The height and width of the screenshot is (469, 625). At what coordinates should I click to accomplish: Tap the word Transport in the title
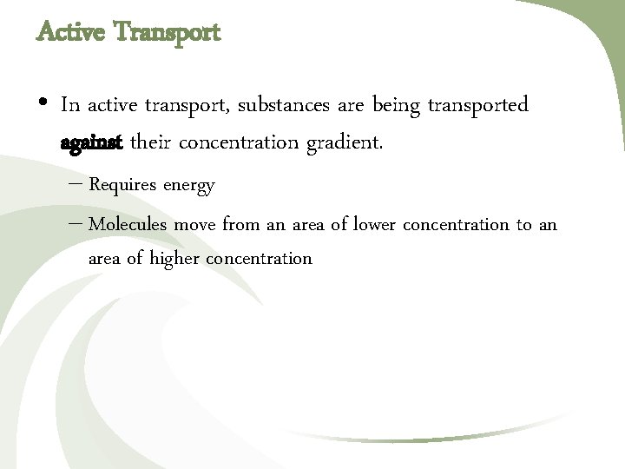tap(168, 33)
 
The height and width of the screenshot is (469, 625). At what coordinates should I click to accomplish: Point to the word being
tap(396, 106)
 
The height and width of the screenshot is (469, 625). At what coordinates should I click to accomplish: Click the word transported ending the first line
tap(478, 106)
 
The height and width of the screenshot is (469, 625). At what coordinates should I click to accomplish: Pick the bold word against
tap(92, 142)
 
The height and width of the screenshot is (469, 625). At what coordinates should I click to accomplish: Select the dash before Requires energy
tap(75, 184)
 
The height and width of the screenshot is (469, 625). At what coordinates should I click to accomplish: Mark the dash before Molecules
tap(75, 224)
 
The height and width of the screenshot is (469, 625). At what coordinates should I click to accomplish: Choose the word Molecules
tap(128, 224)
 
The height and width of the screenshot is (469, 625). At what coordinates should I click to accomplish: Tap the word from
tap(241, 224)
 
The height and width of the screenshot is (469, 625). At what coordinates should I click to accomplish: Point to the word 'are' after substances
tap(350, 106)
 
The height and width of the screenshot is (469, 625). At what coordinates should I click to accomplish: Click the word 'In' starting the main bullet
tap(70, 105)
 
